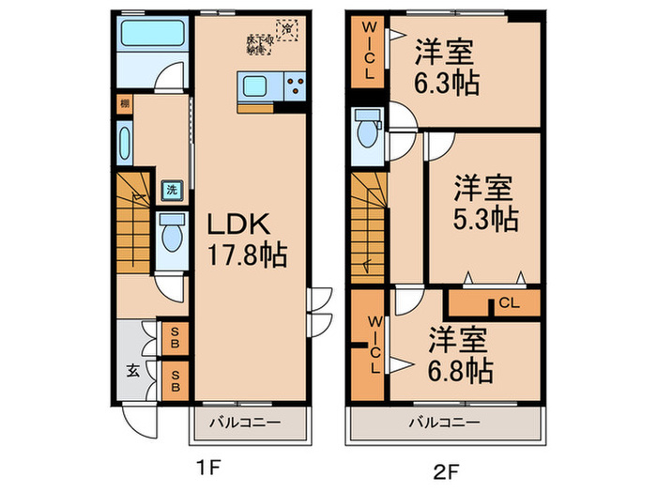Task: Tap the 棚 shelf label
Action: point(124,103)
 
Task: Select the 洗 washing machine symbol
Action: point(172,190)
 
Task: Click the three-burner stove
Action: point(294,87)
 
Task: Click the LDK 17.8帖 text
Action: point(246,239)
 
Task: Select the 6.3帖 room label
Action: point(448,69)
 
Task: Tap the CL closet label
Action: point(508,302)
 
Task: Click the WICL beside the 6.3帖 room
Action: point(369,52)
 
